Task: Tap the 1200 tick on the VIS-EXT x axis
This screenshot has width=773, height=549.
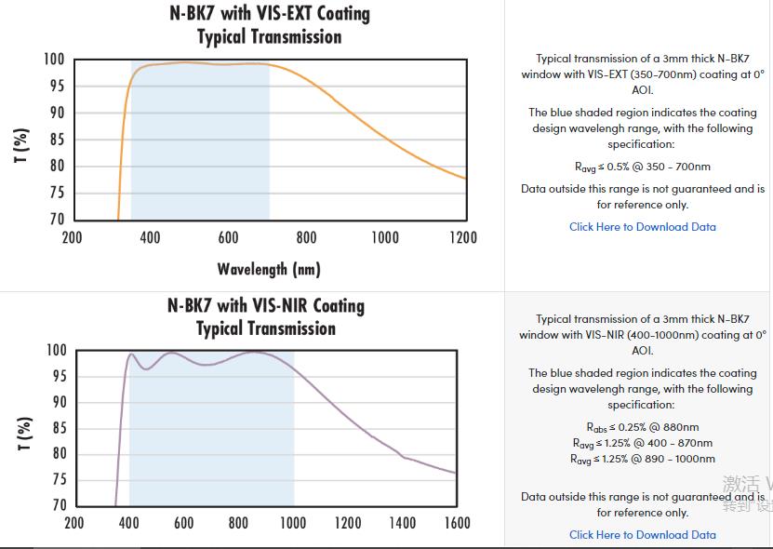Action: (463, 237)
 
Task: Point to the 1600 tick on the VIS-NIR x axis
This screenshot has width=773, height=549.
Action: (457, 523)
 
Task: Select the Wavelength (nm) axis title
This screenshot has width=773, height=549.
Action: (269, 269)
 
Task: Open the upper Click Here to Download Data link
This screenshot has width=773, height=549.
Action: (642, 227)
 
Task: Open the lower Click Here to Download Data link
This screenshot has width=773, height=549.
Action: (642, 535)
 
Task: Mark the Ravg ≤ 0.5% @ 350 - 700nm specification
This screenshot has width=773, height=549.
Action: (642, 167)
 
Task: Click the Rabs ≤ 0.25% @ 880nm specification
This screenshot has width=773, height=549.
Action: (642, 428)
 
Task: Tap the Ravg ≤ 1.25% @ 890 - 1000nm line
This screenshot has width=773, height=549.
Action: (642, 459)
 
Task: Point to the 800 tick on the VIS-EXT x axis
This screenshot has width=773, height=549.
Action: (307, 237)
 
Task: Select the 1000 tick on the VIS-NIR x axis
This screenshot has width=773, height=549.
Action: (293, 523)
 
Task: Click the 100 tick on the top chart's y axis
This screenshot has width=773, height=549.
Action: (54, 60)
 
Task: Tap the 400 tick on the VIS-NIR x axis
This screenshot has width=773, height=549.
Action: (129, 523)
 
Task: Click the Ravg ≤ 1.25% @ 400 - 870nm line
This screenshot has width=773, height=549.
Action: (642, 443)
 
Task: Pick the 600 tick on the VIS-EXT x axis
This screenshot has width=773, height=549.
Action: (229, 237)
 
